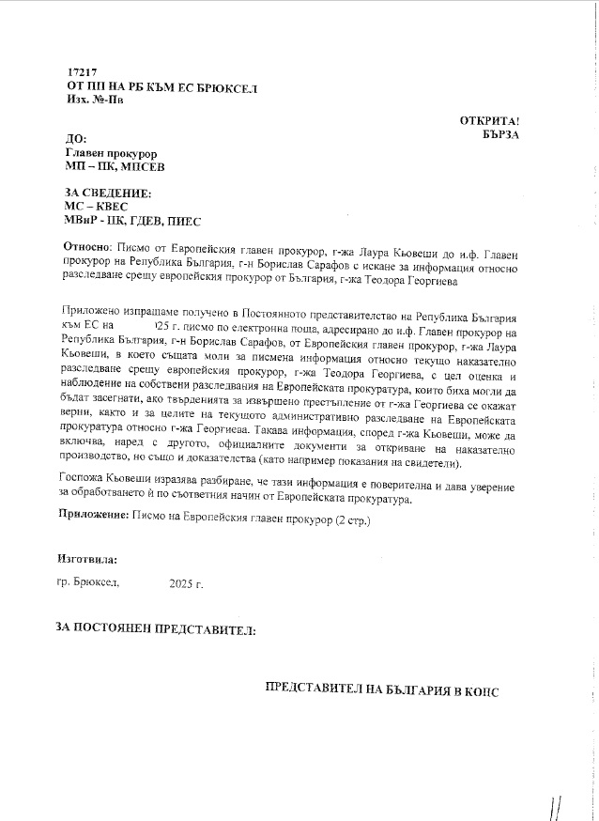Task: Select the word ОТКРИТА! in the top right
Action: [x=489, y=121]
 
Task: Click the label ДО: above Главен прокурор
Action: [x=77, y=139]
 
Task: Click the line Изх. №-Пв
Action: [x=96, y=100]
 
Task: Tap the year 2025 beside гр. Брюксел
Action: [x=186, y=584]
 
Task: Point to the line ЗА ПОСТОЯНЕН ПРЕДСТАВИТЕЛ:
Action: [x=156, y=630]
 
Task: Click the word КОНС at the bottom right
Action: [x=479, y=690]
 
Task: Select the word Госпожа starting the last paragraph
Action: [x=82, y=479]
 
